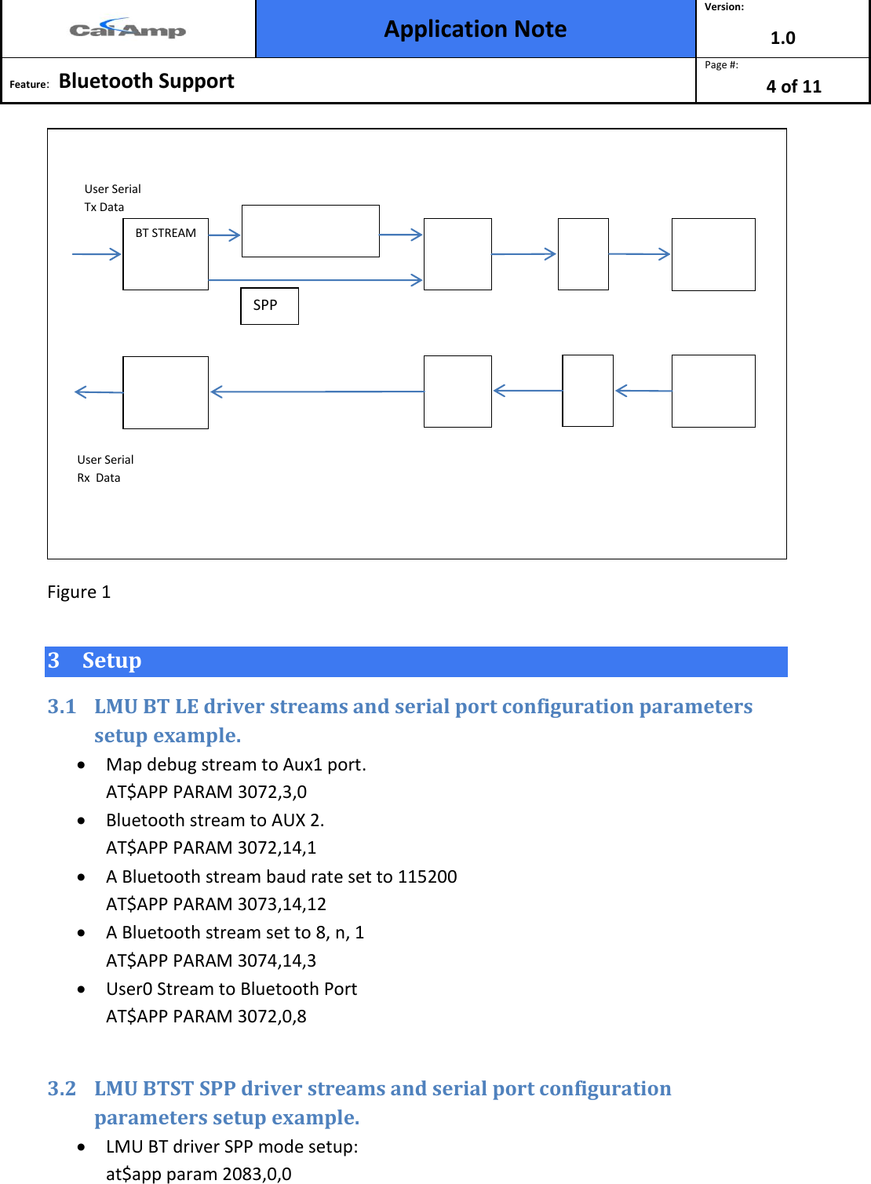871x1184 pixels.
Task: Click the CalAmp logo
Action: coord(127,30)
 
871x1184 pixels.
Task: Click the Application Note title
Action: coord(475,29)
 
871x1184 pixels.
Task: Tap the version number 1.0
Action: coord(782,38)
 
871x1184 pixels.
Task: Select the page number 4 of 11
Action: coord(793,86)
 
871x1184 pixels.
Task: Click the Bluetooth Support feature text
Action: coord(146,81)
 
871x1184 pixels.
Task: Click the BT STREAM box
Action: coord(166,253)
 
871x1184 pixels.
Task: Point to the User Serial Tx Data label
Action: coord(112,198)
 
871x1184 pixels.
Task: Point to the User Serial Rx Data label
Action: coord(105,468)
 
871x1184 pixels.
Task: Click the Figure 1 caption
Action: coord(78,592)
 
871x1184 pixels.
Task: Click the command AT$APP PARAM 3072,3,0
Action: coord(206,792)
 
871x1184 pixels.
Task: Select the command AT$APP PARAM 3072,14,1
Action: coord(211,847)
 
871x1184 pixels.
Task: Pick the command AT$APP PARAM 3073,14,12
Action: coord(216,904)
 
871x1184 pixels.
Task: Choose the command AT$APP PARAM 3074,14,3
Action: coord(211,960)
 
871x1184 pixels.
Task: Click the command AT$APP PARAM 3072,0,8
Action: coord(206,1016)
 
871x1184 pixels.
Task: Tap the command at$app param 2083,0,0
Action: coord(199,1174)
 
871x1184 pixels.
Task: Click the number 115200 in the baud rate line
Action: coord(427,876)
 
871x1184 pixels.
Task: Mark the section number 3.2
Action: coord(62,1088)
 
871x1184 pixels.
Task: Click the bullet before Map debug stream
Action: coord(82,764)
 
